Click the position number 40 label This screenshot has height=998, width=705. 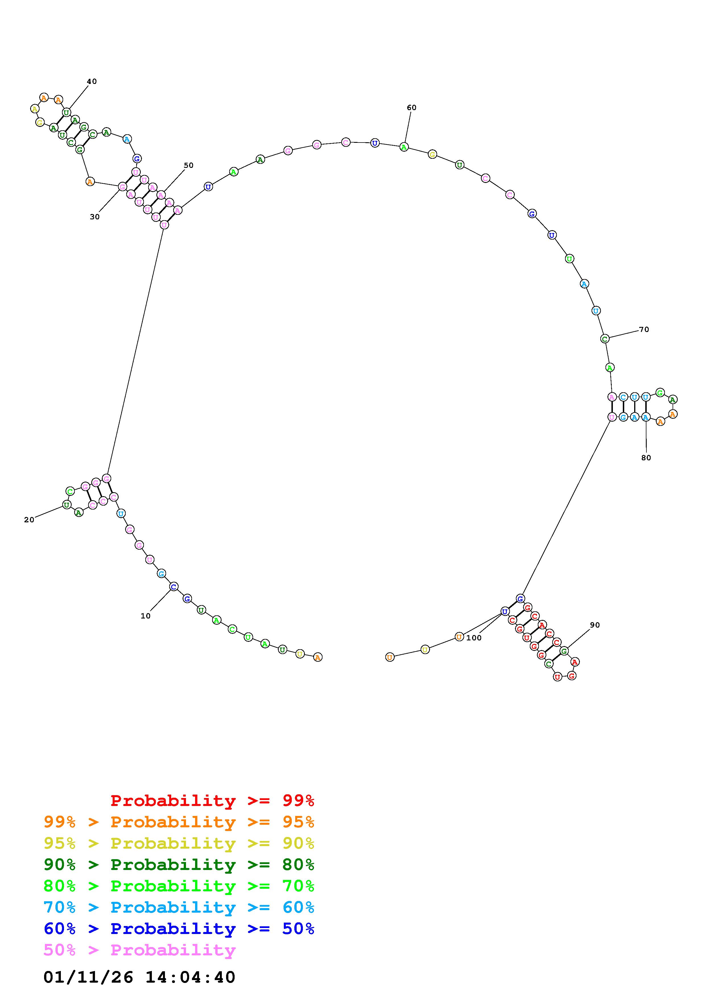tap(92, 81)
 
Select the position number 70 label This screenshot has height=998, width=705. tap(644, 329)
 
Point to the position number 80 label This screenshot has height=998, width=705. tap(646, 458)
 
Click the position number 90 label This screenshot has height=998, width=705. tap(595, 625)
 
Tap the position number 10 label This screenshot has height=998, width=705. tap(146, 616)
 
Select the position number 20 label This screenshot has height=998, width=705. tap(29, 520)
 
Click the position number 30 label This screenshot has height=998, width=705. tap(95, 217)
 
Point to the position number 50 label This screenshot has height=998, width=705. tap(189, 165)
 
